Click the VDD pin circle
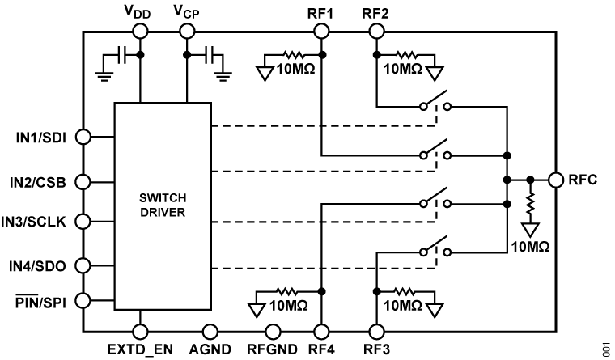pos(140,31)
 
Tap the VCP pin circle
pos(187,31)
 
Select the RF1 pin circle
pos(321,31)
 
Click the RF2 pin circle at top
pos(376,31)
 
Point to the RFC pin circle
pos(556,180)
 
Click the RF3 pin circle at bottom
pos(376,331)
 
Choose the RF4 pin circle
pos(321,331)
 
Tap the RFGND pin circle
pos(274,331)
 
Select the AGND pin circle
pos(210,331)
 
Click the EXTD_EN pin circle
pos(140,331)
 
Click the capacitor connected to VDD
pos(121,55)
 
